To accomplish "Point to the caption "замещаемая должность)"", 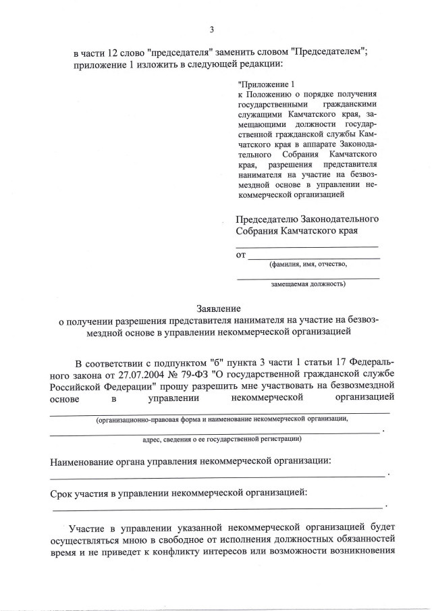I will click(x=308, y=284).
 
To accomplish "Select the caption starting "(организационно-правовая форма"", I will click(x=222, y=419).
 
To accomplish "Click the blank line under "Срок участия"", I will click(x=216, y=507).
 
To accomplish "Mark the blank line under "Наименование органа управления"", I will click(x=216, y=477).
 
